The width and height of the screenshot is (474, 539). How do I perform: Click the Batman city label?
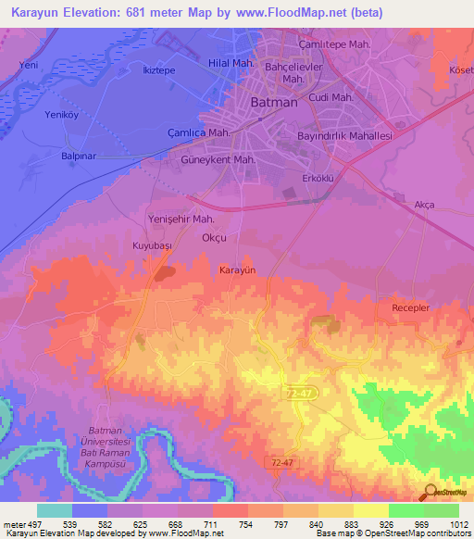274,103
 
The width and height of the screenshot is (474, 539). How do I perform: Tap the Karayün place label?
236,269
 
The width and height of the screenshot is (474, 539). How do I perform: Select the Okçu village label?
214,238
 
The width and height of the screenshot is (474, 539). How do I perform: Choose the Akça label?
424,204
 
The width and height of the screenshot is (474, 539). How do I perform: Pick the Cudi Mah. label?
331,97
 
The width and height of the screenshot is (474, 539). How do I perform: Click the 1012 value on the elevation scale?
447,524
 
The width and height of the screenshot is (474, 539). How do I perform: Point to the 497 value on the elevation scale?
35,524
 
